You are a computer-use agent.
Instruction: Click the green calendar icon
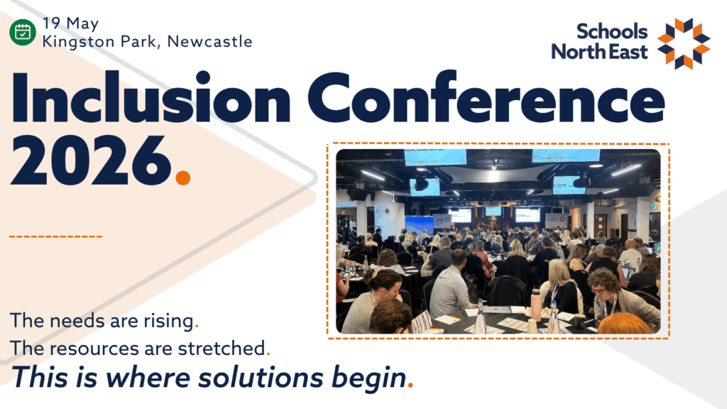22,33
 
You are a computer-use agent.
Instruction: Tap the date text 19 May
70,23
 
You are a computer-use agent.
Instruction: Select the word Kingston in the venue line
78,42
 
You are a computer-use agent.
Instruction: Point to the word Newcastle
209,41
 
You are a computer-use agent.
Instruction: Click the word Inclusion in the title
151,97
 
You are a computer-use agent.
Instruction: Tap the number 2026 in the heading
91,160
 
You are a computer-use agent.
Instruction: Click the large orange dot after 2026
183,178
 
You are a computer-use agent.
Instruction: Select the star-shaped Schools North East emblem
684,43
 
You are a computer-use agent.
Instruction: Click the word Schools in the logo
612,31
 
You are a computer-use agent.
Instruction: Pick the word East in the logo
628,51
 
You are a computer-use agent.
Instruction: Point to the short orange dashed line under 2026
55,236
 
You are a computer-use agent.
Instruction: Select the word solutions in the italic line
261,377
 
